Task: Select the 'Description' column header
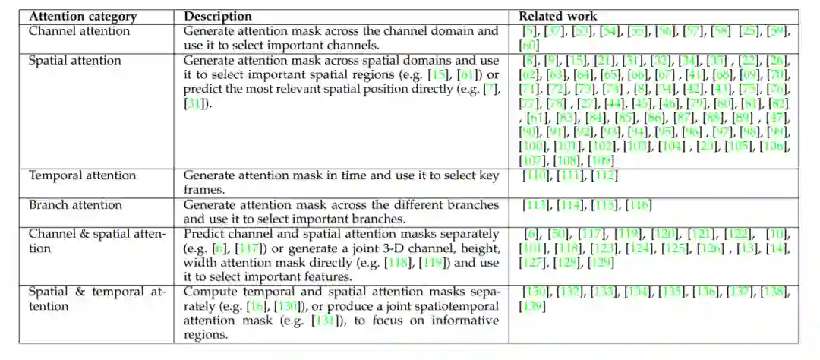[218, 16]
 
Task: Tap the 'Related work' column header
[558, 16]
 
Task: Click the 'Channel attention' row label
[79, 31]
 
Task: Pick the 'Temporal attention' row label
[83, 175]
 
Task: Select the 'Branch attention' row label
[75, 204]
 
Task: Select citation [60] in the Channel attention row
[528, 46]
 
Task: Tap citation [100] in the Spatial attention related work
[533, 147]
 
